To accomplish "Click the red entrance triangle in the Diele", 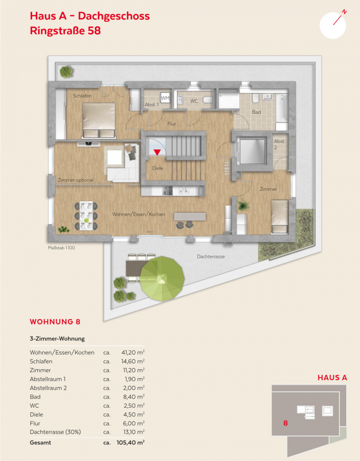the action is point(157,152).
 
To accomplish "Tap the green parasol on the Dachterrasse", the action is point(162,279).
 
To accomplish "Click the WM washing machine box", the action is point(165,98).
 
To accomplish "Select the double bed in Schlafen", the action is point(98,120).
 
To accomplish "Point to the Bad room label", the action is point(257,112).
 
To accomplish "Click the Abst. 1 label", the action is point(152,105).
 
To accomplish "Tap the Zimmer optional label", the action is point(76,180).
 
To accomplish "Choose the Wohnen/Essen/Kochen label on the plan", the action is point(139,214).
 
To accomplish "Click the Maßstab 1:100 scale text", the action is point(61,248).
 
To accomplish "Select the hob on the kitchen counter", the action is point(168,191).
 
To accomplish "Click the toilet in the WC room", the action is point(208,100).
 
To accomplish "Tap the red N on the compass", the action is point(344,12).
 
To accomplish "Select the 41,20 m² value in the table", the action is point(133,352).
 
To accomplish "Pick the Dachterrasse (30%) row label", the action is point(55,432).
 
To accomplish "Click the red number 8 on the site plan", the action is point(285,423).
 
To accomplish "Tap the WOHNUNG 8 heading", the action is point(55,322).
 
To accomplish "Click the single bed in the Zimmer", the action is point(279,217).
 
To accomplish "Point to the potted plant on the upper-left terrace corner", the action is point(66,72).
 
